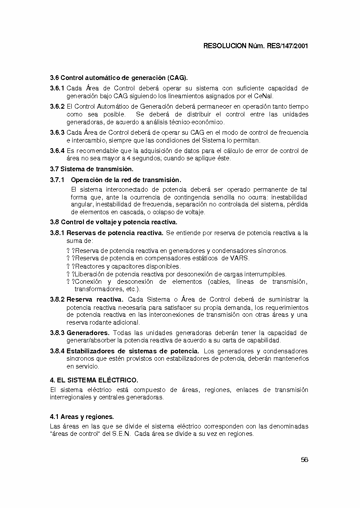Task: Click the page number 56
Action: click(x=304, y=460)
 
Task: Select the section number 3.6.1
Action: click(x=57, y=88)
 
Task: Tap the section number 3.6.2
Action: click(x=57, y=106)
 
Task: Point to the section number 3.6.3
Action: click(x=57, y=133)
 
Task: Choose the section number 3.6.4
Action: click(x=57, y=151)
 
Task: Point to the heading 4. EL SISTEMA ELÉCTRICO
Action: click(x=94, y=380)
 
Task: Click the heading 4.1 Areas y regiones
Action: click(x=82, y=417)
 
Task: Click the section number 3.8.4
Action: click(x=57, y=351)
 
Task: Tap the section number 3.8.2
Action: click(x=57, y=299)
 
